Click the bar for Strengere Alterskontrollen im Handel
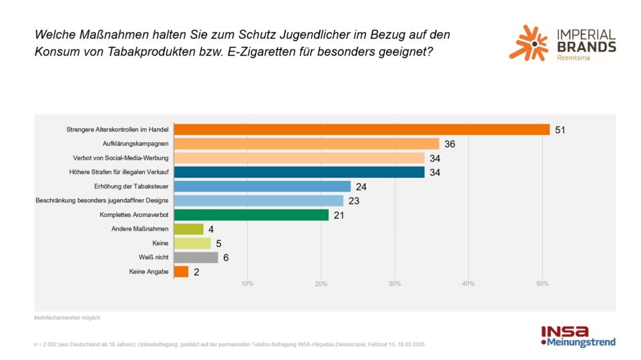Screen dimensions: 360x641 tap(361, 130)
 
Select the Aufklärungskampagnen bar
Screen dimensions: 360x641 tap(306, 144)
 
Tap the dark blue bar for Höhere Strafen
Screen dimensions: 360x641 tap(298, 172)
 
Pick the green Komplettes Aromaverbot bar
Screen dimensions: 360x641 tap(251, 214)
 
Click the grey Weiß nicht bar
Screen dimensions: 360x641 tap(196, 257)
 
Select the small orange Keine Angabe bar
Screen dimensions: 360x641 tap(181, 272)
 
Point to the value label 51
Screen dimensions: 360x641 tap(560, 130)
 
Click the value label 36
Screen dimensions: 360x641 tap(449, 144)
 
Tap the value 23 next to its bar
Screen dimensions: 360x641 tap(354, 200)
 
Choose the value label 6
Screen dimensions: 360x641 tap(226, 257)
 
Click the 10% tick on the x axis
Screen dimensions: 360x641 tap(247, 285)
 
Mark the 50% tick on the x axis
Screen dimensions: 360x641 tap(542, 285)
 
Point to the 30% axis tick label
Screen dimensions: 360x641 tap(395, 285)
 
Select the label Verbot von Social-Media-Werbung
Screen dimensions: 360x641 tap(120, 158)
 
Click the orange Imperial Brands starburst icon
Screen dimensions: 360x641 tap(528, 43)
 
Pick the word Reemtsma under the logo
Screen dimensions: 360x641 tap(572, 58)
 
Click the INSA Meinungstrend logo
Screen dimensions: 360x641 tap(578, 336)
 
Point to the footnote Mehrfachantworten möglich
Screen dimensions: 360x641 tap(67, 318)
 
